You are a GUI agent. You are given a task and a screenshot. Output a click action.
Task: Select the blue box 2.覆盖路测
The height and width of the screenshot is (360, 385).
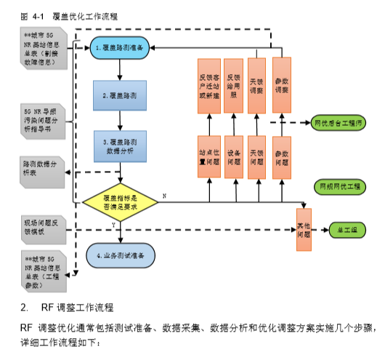[x=121, y=95]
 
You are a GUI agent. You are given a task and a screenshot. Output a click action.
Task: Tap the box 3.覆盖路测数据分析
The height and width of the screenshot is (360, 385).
[x=121, y=145]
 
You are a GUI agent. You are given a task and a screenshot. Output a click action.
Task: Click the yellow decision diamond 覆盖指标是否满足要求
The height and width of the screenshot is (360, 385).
[x=121, y=202]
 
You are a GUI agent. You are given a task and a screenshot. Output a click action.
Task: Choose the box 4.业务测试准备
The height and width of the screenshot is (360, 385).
[x=121, y=256]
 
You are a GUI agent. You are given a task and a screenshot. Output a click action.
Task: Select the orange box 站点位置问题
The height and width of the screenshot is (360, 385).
[x=209, y=156]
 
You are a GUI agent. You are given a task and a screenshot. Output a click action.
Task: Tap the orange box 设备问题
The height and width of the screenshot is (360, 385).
[x=234, y=156]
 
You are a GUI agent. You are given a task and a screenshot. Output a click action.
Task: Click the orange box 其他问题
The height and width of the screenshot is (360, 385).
[x=304, y=229]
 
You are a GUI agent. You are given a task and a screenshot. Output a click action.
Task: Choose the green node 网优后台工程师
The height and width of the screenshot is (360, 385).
[x=338, y=122]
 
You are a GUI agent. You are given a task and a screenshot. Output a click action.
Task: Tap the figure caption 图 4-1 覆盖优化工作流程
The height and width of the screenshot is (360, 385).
[x=70, y=15]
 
